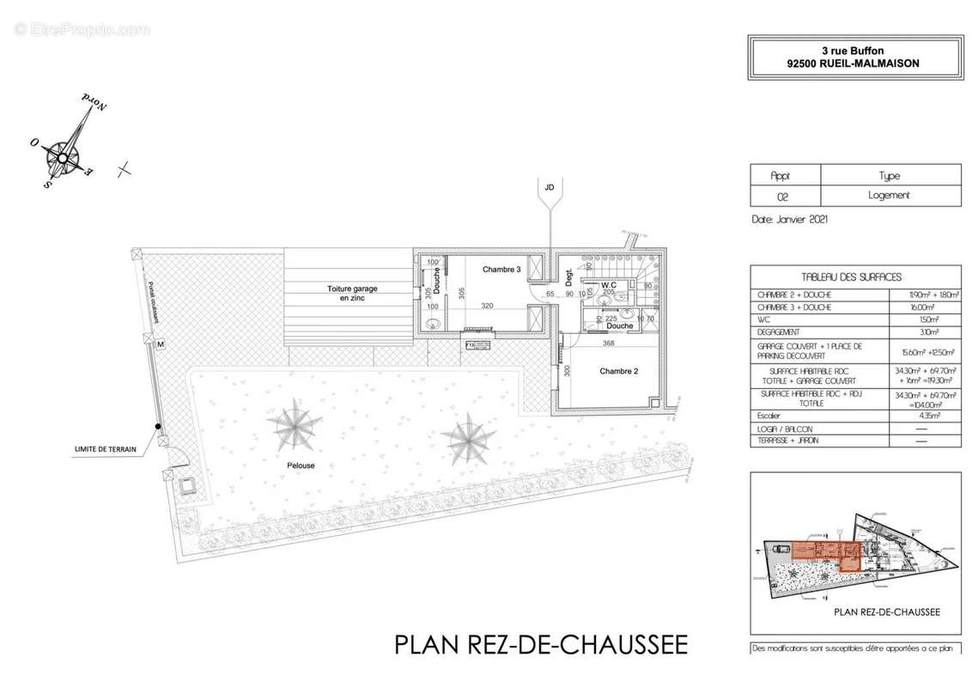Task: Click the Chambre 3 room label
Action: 501,269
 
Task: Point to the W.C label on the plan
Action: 609,284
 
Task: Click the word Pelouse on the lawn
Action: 301,465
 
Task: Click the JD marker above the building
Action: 548,186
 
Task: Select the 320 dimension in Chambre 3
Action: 488,306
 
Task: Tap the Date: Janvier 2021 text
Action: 789,220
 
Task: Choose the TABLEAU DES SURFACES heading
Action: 851,277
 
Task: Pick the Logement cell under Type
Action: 890,196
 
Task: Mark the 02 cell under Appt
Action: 782,196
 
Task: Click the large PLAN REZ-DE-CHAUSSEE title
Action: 541,644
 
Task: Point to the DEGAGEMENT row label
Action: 779,331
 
